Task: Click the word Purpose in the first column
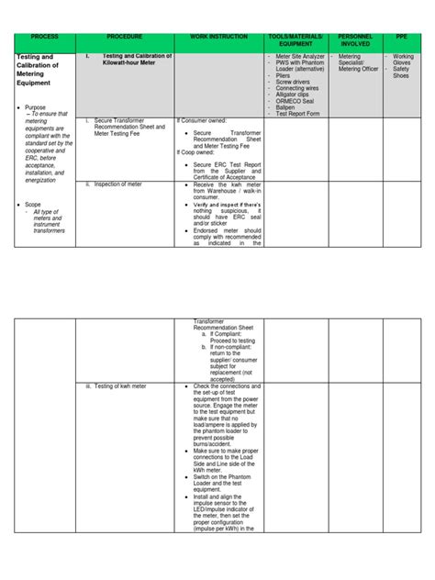coord(39,107)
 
